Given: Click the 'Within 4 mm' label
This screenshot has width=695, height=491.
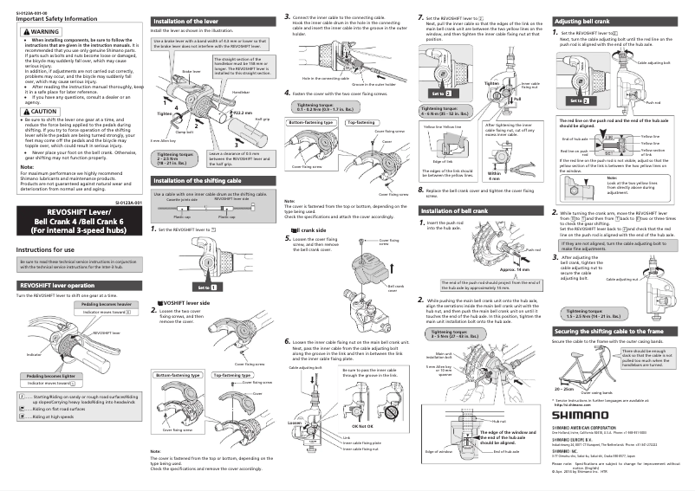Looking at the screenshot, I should pos(493,178).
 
